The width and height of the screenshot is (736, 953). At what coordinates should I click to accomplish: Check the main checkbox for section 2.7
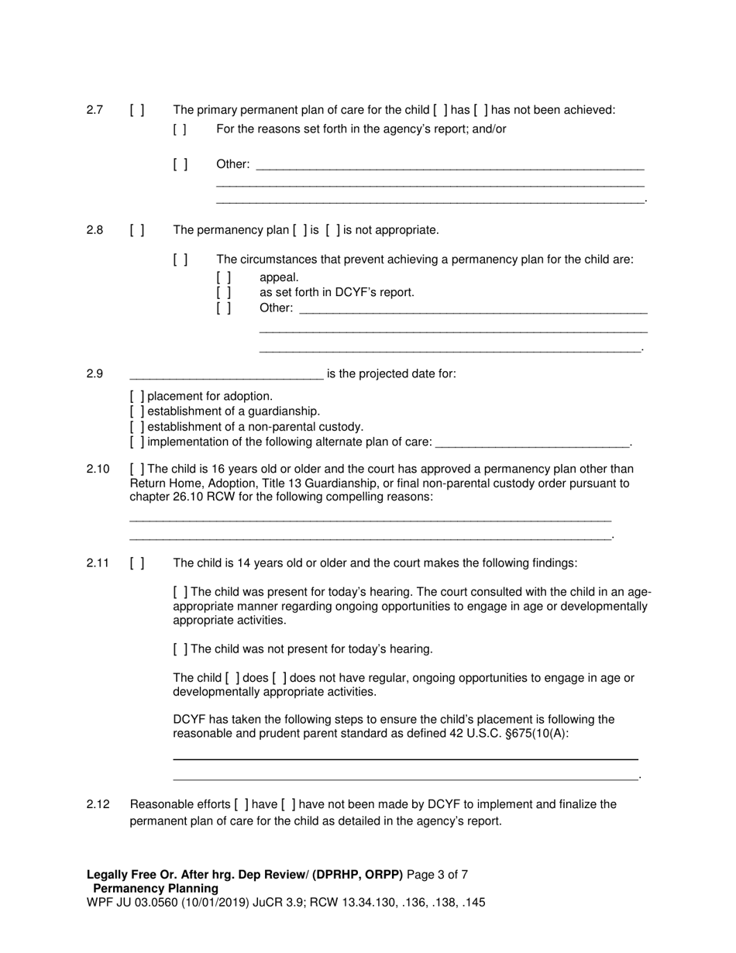[x=137, y=110]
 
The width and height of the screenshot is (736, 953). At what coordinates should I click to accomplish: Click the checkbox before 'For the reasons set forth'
[x=181, y=129]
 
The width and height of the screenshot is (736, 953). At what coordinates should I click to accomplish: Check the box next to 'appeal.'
[x=224, y=277]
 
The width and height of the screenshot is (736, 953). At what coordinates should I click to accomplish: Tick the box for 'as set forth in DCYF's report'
[x=224, y=293]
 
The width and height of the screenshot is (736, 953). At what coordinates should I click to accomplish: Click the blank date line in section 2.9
[x=226, y=375]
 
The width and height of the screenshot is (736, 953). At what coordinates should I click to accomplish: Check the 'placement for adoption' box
[x=137, y=397]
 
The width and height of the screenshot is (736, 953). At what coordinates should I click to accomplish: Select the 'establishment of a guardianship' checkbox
[x=137, y=411]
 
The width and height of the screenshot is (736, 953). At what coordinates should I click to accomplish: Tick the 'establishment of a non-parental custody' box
[x=137, y=427]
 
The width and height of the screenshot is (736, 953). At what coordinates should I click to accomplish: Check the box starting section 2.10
[x=137, y=470]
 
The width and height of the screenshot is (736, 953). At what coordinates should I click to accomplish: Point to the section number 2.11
[x=98, y=563]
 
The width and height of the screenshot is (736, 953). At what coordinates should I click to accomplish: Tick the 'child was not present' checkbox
[x=181, y=649]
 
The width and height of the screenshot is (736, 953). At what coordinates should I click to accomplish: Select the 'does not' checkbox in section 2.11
[x=280, y=678]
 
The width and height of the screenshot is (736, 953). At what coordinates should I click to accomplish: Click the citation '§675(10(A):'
[x=537, y=733]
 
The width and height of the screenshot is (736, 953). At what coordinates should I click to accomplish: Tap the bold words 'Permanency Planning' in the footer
[x=156, y=889]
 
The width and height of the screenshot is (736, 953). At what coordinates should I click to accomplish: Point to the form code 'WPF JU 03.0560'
[x=122, y=903]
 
